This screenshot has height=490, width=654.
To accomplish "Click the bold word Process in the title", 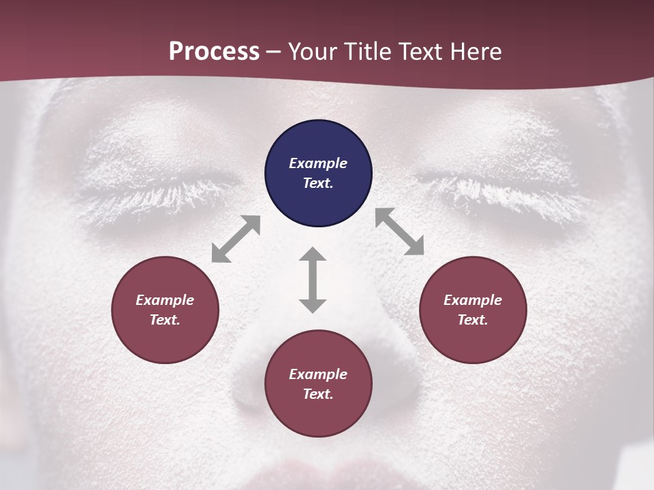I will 214,52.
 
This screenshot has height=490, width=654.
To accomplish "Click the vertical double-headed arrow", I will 313,280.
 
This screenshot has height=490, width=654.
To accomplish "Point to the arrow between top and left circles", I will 236,239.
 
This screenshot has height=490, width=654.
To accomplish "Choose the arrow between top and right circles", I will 400,232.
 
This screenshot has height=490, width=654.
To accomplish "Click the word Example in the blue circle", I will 318,163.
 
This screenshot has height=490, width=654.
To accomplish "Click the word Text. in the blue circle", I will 318,183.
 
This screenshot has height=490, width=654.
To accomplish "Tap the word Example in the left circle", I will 165,300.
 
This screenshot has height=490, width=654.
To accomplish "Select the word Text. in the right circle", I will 473,320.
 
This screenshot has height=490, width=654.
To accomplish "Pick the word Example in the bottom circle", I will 318,374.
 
